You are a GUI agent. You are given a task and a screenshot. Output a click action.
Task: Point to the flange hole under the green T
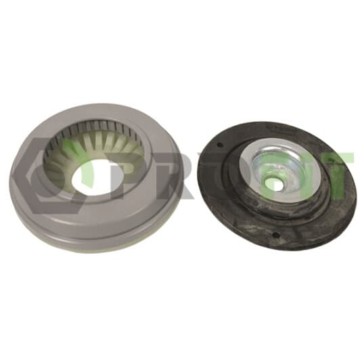[x=332, y=158]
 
